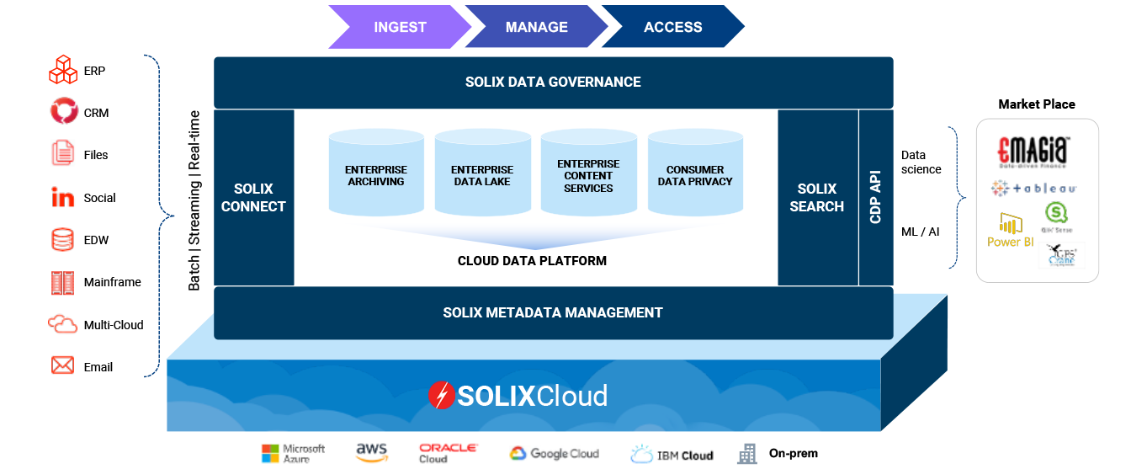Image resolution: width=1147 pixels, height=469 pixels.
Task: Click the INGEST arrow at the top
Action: (x=399, y=27)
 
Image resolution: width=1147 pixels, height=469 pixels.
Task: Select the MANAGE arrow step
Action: (x=536, y=27)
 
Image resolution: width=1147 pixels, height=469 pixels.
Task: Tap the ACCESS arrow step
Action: (x=672, y=27)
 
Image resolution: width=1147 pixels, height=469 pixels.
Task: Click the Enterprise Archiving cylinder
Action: (x=375, y=175)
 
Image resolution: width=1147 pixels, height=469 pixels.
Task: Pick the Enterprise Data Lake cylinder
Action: (x=482, y=175)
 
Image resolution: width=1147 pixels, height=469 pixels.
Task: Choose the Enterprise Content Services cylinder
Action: (x=588, y=175)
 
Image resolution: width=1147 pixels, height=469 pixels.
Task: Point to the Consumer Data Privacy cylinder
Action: (x=695, y=175)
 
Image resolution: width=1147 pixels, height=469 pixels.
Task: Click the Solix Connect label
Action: (x=253, y=197)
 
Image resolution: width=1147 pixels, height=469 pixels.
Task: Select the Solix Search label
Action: (x=816, y=197)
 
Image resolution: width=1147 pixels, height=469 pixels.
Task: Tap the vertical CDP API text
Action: (x=875, y=197)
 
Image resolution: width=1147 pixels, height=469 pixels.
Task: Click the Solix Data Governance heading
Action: (x=553, y=82)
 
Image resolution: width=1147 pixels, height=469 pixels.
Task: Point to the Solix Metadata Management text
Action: (x=553, y=312)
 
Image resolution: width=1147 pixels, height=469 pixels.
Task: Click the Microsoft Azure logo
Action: (x=292, y=453)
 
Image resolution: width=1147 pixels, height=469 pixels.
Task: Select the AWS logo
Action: (x=371, y=453)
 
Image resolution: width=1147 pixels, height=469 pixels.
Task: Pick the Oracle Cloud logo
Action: (x=449, y=453)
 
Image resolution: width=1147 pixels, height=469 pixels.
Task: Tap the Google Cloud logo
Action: (x=554, y=453)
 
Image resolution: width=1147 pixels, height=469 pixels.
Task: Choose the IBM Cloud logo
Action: (x=672, y=453)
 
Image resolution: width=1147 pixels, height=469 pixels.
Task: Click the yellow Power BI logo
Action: (x=1010, y=230)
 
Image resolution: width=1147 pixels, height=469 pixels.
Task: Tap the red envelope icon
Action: (x=63, y=365)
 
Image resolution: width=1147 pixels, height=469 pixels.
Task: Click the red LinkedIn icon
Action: (x=63, y=197)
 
